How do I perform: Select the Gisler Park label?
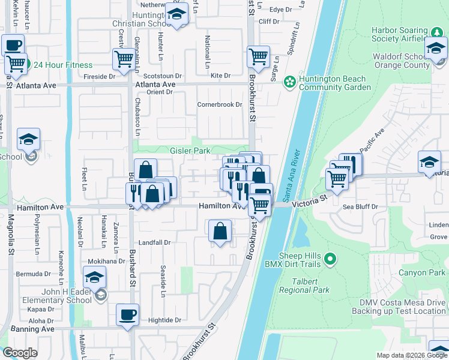(190, 151)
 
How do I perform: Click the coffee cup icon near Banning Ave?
(127, 314)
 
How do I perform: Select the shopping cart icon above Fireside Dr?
(123, 59)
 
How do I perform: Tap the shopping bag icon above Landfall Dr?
(220, 230)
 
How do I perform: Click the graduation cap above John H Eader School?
(94, 277)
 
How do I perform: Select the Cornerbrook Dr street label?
(219, 104)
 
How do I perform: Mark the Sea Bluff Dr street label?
(359, 206)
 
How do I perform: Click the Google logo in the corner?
(20, 353)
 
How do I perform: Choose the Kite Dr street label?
(221, 76)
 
